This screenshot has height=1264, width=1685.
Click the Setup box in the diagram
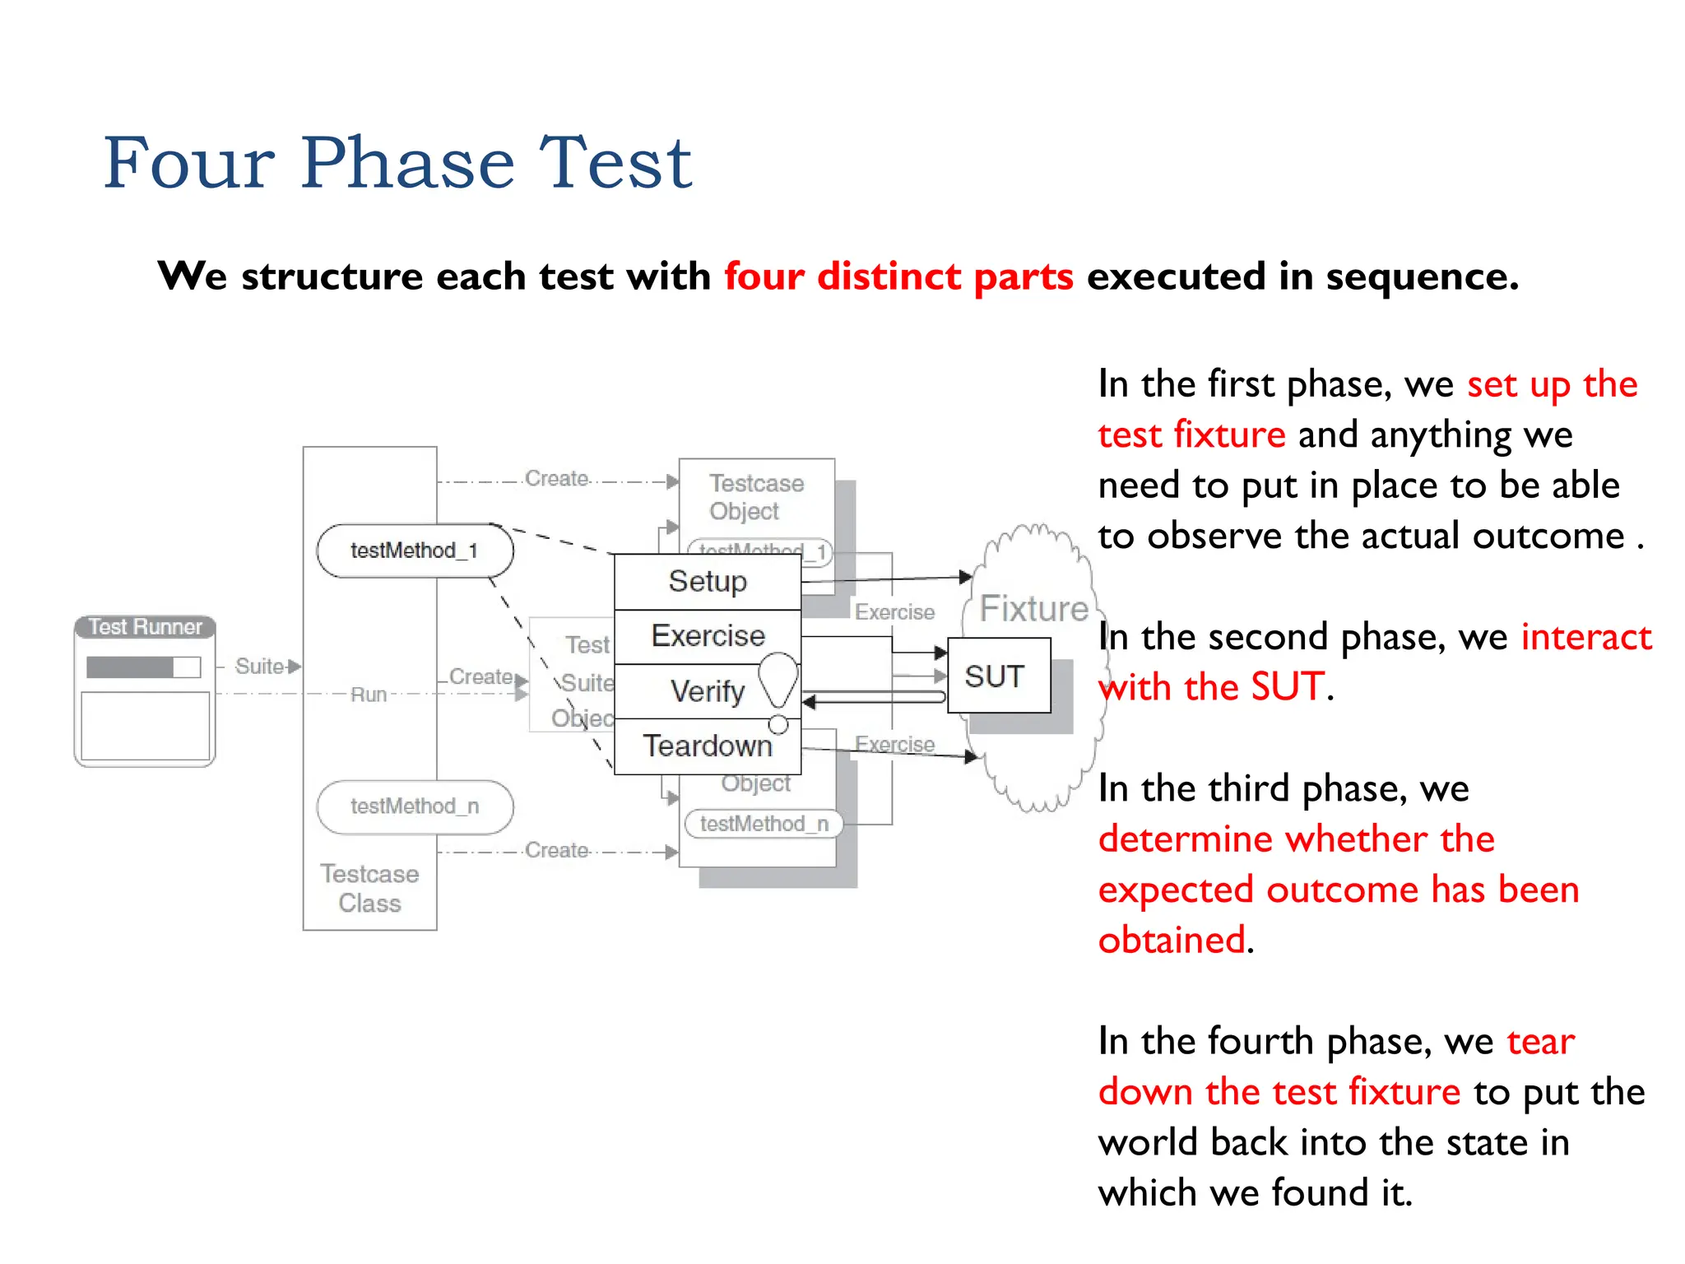(708, 582)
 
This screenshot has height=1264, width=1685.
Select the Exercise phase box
(708, 636)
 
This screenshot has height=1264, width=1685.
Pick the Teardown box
(708, 746)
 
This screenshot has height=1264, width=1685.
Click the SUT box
(998, 676)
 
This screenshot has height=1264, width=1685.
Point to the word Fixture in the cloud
(1033, 609)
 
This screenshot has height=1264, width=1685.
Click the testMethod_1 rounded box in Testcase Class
(415, 551)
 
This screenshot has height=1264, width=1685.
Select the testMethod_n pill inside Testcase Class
(415, 806)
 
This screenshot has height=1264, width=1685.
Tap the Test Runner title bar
(145, 627)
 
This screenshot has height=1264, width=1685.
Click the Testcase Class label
(369, 889)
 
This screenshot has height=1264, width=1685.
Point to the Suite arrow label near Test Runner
(260, 666)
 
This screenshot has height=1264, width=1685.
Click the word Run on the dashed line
(369, 695)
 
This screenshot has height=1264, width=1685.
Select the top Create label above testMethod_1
(557, 478)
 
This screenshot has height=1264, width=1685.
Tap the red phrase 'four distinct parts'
(898, 276)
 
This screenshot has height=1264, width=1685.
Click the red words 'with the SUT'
(1212, 687)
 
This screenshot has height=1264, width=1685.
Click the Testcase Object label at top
(755, 496)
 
